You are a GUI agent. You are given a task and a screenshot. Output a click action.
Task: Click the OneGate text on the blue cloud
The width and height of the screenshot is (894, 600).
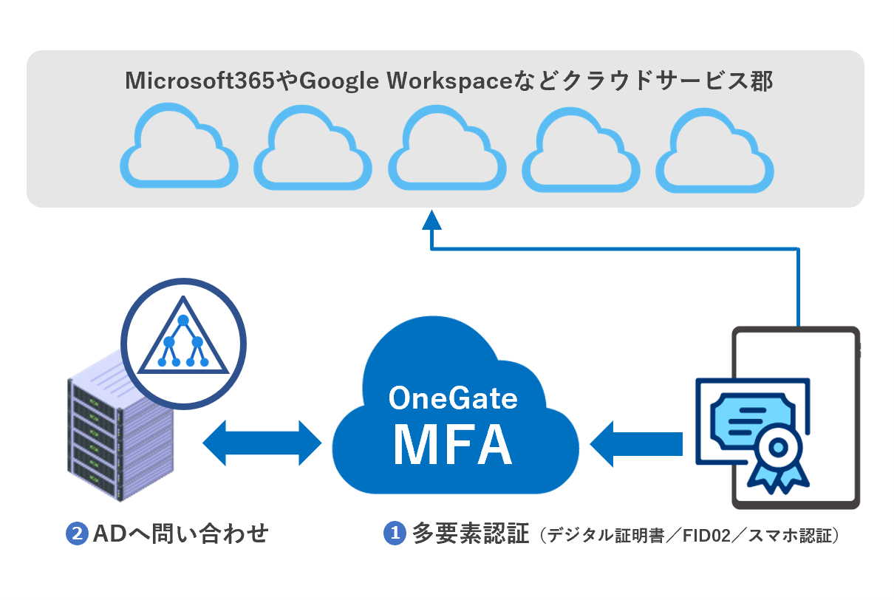453,398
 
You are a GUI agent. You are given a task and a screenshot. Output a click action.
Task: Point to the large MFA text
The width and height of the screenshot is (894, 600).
453,443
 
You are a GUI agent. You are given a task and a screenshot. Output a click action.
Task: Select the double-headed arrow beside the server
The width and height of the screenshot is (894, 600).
262,443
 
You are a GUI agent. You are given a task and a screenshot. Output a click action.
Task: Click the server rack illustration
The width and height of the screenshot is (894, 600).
119,435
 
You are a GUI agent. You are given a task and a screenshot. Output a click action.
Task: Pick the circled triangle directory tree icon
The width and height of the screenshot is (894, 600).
182,341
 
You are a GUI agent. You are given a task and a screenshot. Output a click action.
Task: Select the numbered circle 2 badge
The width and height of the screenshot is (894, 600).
77,534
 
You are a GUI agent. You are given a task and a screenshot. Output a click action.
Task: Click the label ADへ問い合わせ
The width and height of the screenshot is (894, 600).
180,534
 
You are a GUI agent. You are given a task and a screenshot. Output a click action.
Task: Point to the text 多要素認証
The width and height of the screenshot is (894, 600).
471,534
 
